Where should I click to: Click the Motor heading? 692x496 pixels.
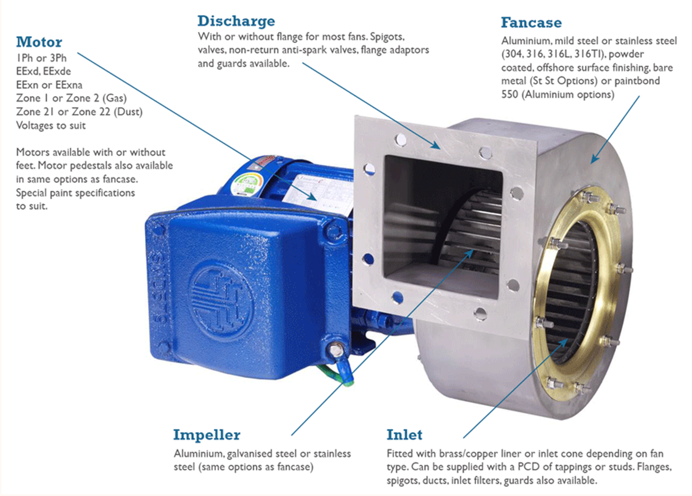(39, 42)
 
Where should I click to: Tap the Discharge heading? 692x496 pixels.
(236, 21)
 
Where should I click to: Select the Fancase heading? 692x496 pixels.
(531, 23)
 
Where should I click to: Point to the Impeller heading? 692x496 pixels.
(207, 435)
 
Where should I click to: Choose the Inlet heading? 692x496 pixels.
(404, 435)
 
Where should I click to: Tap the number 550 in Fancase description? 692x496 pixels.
(510, 95)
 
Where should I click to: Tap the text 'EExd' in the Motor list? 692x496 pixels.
(27, 72)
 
